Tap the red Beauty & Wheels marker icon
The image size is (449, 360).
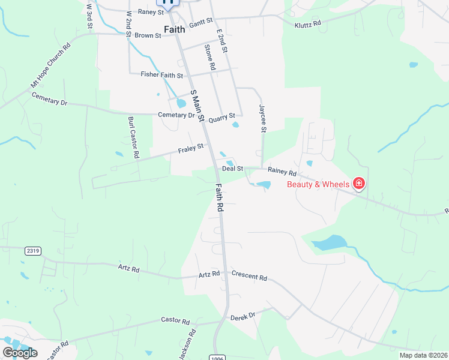tap(359, 184)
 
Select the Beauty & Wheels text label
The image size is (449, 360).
tap(318, 184)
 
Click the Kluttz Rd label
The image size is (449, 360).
tap(308, 25)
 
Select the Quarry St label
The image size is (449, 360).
tap(221, 118)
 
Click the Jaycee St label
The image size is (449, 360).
tap(262, 118)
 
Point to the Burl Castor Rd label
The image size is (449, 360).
tap(133, 137)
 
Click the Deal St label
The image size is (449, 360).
tap(232, 169)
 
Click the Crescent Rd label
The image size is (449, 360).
tap(249, 276)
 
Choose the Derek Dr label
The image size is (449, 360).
tap(243, 315)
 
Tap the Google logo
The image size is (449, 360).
tap(20, 353)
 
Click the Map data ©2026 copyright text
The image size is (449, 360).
tap(423, 355)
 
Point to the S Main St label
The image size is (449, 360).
tap(198, 106)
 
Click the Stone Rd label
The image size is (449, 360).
tap(210, 58)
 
